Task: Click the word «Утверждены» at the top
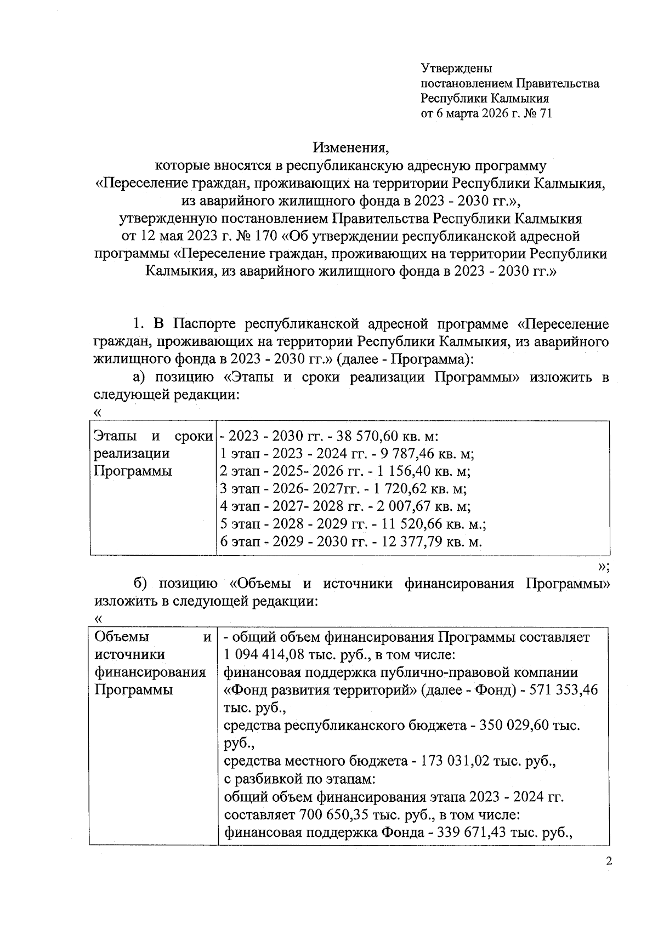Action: [x=456, y=69]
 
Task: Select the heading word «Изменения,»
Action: [x=350, y=147]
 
